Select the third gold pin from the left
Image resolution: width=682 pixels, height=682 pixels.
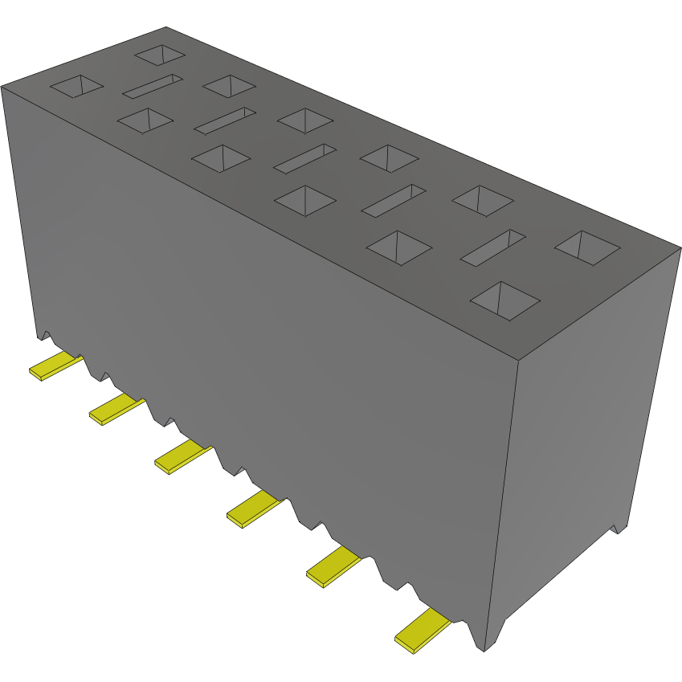[182, 456]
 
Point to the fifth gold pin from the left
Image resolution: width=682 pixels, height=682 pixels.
[335, 566]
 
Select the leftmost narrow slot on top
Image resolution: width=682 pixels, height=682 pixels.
[153, 86]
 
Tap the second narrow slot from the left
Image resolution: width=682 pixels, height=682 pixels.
[225, 120]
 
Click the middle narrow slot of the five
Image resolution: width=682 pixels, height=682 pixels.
[304, 158]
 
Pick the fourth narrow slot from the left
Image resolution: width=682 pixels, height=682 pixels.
[393, 201]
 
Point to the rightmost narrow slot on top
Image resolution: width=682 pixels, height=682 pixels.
[492, 248]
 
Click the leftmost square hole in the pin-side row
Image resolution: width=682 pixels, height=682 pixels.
[77, 86]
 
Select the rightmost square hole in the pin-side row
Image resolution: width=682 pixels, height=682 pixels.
[504, 300]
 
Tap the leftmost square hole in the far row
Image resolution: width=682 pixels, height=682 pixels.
[160, 55]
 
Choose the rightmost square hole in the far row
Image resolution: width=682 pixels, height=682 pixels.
[587, 247]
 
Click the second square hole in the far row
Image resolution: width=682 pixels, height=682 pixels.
[229, 85]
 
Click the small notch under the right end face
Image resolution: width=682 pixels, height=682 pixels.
[617, 528]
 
